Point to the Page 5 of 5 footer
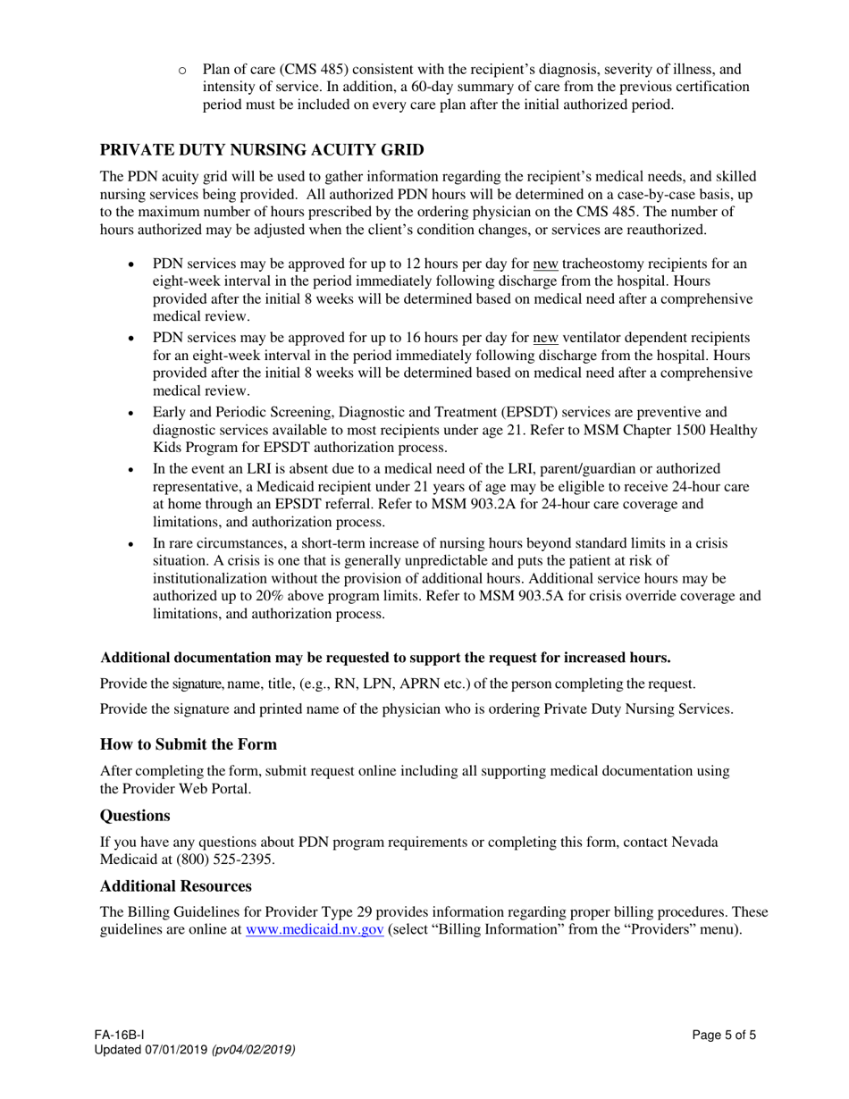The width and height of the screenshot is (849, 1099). pos(724,1036)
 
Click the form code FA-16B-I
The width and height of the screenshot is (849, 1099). pos(120,1036)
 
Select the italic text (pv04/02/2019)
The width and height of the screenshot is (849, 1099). pos(254,1050)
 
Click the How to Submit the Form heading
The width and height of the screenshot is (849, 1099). pos(188,744)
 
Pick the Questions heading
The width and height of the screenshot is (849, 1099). pos(134,815)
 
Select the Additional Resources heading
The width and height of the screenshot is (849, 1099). pos(175,885)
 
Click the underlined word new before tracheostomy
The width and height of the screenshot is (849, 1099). pos(545,264)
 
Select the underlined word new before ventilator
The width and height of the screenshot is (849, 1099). pos(545,337)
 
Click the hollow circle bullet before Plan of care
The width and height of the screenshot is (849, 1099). pos(183,70)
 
